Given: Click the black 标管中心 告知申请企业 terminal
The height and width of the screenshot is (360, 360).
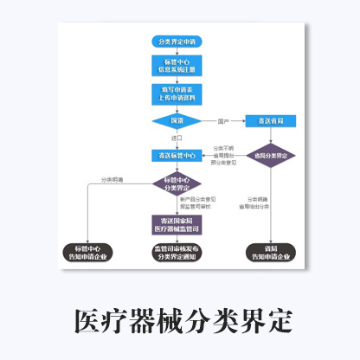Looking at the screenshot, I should [x=90, y=253].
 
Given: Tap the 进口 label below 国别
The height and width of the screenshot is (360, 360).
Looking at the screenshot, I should [x=177, y=138].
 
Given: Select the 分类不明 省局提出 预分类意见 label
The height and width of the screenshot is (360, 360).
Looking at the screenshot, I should [x=222, y=155].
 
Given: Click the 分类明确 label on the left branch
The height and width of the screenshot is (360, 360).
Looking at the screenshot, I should [x=112, y=179].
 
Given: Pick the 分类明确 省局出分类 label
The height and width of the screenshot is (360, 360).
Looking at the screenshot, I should [x=259, y=203].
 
